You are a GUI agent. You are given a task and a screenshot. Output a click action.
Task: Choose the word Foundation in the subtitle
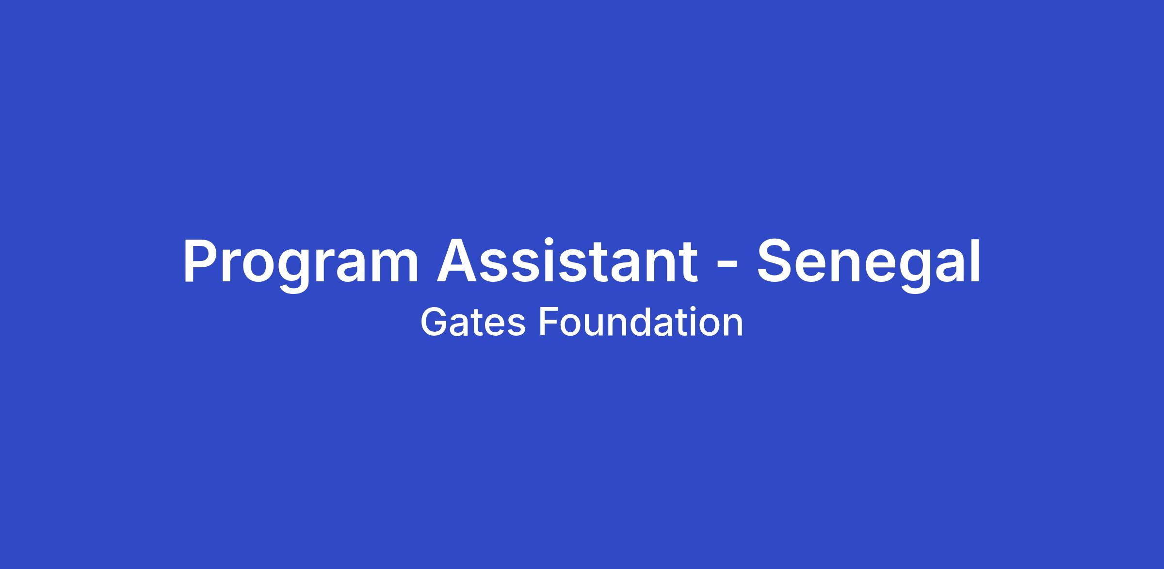[641, 323]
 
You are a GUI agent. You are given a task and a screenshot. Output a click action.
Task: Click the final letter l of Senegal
[976, 260]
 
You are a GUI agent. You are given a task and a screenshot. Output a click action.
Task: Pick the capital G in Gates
[434, 323]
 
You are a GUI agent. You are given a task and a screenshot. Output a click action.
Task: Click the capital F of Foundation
[549, 323]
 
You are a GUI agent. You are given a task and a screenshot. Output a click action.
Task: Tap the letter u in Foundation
[596, 326]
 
